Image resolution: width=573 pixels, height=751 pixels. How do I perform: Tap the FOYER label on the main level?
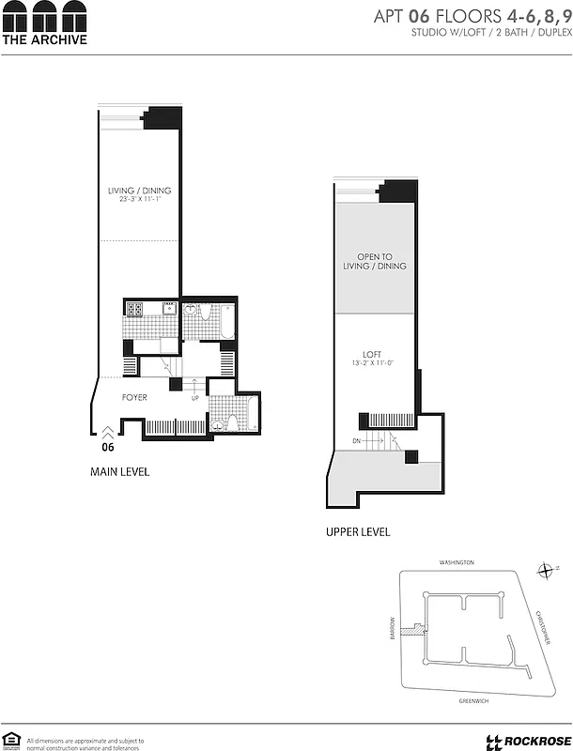(x=134, y=398)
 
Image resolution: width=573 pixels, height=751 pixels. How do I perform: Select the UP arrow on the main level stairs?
(x=195, y=398)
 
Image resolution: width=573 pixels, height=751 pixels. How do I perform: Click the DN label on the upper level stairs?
(x=355, y=440)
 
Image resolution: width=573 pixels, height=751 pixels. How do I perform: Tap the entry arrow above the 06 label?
(x=108, y=432)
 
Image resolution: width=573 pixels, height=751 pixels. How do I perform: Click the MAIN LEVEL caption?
(x=119, y=471)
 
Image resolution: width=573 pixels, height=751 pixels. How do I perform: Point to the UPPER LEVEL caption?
(x=358, y=532)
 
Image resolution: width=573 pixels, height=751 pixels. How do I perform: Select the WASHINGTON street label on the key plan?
(x=457, y=562)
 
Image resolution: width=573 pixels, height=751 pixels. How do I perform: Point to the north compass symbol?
(x=547, y=570)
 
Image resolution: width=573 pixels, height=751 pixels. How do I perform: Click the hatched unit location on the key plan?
(x=410, y=631)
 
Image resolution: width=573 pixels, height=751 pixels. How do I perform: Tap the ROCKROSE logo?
(x=524, y=741)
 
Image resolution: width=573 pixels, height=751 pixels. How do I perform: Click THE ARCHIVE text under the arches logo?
(x=44, y=39)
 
